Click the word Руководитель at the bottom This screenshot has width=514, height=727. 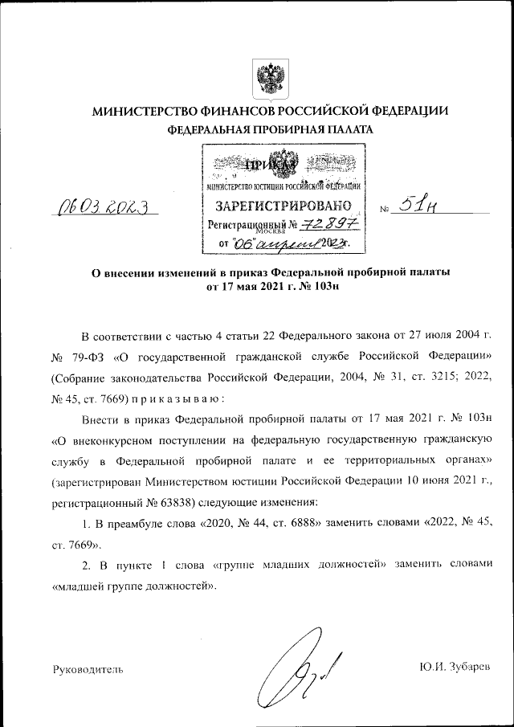[88, 668]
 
